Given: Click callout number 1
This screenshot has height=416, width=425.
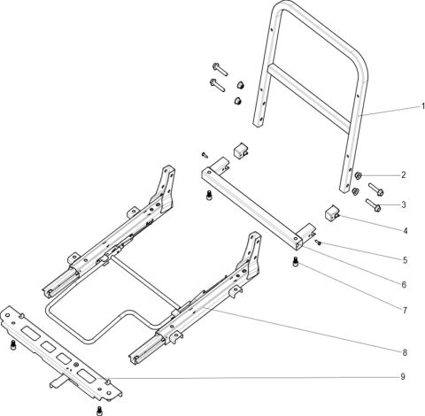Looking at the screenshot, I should (x=422, y=106).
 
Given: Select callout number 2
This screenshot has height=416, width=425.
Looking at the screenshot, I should (x=403, y=174).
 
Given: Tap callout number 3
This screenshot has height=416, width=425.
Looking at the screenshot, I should (x=403, y=204).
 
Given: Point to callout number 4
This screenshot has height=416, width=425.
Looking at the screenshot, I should (x=403, y=232).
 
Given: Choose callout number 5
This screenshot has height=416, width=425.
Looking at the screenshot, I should (x=403, y=260).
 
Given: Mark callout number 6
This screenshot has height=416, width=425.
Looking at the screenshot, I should (x=403, y=285).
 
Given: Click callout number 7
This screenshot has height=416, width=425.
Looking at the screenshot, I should (x=403, y=311).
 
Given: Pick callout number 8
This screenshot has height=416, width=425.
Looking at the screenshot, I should (x=403, y=351).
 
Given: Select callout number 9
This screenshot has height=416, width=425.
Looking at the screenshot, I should (x=403, y=376).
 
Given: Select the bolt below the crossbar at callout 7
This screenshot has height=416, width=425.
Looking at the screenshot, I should (x=294, y=263).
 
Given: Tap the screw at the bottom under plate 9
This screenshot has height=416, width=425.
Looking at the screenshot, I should (x=98, y=411).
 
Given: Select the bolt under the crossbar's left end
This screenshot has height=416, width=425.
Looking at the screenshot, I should (x=208, y=196).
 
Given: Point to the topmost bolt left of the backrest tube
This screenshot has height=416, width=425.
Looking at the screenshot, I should (x=220, y=68).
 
